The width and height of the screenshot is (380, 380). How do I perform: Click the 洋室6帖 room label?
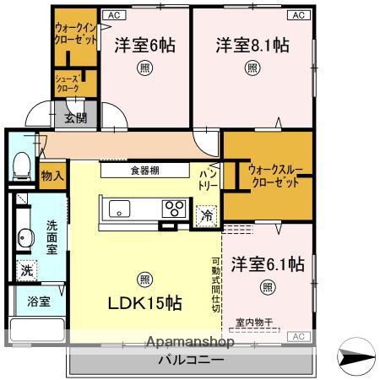point(144,46)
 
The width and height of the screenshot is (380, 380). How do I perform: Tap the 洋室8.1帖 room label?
point(252,46)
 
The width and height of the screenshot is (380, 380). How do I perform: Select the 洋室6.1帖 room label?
point(268,264)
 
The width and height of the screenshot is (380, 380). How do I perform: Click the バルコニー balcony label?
point(191,361)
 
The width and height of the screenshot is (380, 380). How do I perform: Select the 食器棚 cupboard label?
point(146,170)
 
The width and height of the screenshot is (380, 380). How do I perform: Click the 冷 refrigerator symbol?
point(207,216)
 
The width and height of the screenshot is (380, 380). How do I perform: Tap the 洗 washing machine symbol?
point(27,271)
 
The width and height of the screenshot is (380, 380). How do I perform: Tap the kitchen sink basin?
point(119,207)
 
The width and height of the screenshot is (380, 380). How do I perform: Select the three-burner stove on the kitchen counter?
point(175,207)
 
